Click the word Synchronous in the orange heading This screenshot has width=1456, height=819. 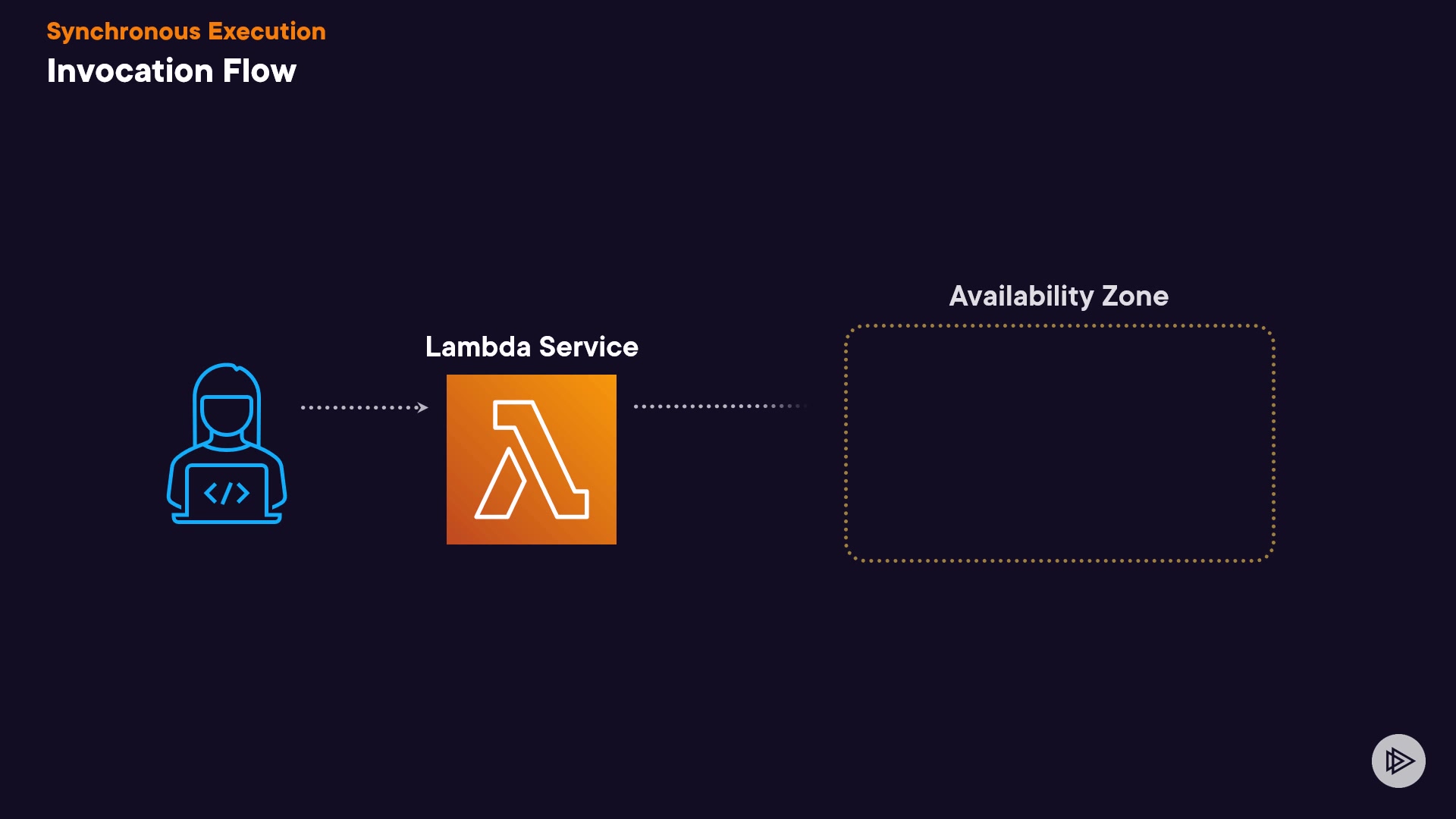[124, 32]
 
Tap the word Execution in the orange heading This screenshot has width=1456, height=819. [266, 32]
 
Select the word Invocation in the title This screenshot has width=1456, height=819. [130, 71]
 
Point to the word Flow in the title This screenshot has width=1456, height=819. [259, 71]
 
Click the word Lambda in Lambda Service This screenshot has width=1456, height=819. [478, 347]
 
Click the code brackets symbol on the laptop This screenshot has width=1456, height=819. [227, 494]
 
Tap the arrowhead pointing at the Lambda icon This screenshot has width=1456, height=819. [422, 408]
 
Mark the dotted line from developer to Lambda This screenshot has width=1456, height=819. [356, 408]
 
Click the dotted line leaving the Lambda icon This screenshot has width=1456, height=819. [713, 406]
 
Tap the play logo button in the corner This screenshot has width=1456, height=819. [1398, 761]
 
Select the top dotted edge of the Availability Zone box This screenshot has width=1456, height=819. [1059, 326]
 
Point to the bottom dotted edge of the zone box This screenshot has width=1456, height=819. [1059, 561]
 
